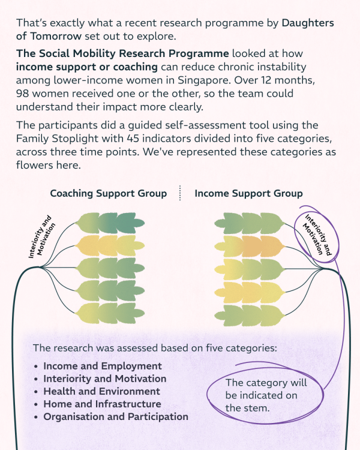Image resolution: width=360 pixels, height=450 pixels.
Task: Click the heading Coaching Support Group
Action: [x=108, y=194]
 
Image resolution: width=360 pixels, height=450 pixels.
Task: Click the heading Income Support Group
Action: [x=248, y=194]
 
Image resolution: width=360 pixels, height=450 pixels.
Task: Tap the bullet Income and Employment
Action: [x=103, y=366]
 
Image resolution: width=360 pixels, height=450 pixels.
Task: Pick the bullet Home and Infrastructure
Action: [x=102, y=404]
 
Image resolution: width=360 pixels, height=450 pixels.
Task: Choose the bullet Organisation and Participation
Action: [x=116, y=416]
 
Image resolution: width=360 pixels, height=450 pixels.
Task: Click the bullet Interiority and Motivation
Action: [x=105, y=379]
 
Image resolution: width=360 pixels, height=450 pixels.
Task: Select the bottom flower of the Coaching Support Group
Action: [x=111, y=313]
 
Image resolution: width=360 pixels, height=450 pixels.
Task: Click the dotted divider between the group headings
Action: [x=179, y=193]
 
